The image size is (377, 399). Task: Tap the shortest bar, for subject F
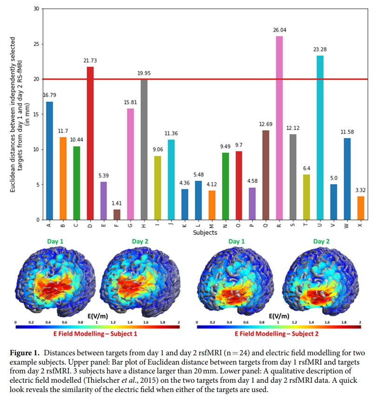[117, 214]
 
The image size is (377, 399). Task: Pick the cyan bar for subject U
[320, 138]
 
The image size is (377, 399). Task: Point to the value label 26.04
[279, 30]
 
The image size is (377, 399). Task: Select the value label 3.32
[361, 190]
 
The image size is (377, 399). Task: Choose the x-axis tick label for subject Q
[265, 225]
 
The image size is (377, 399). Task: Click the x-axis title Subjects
[205, 233]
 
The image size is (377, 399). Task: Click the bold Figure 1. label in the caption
[26, 353]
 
